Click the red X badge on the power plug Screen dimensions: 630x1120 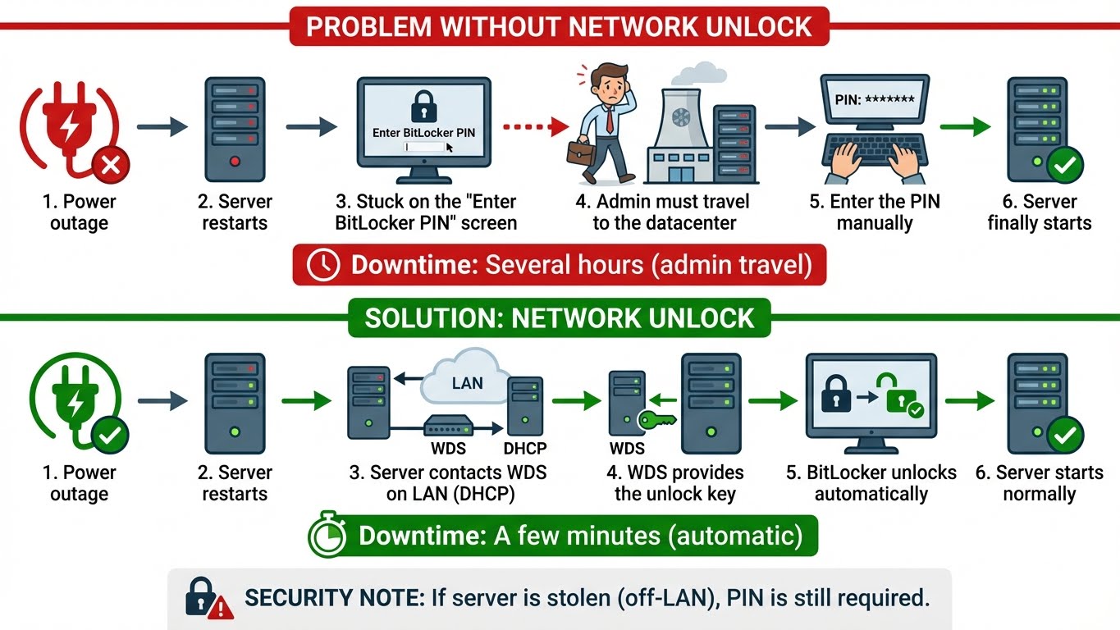pos(109,167)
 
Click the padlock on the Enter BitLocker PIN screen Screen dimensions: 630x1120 pos(423,107)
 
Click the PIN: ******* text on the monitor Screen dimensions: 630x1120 pos(875,99)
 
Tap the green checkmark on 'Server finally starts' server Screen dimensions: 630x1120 pos(1064,166)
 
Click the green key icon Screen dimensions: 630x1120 pos(656,419)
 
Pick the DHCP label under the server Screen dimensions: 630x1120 pos(524,448)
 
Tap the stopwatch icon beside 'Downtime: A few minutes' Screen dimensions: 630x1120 pos(328,537)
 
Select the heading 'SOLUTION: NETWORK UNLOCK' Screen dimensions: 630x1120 pos(559,318)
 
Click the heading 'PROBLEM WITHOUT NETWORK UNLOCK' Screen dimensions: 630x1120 pos(559,26)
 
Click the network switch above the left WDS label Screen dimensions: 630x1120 pos(448,426)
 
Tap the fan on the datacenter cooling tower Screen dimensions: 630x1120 pos(681,118)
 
